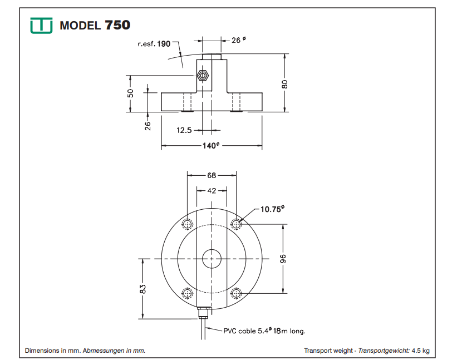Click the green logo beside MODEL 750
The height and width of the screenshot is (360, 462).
point(42,26)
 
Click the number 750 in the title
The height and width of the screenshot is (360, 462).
point(117,26)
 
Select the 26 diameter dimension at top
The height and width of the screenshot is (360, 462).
point(237,40)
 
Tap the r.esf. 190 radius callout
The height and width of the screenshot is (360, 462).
point(154,43)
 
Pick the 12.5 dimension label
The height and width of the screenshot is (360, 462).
point(184,130)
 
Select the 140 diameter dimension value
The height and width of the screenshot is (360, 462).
point(212,146)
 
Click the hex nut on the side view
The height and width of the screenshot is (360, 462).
point(203,74)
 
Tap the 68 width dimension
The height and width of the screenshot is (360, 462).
point(212,175)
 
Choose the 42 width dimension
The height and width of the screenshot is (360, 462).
point(212,190)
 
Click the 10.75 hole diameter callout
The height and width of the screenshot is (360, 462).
point(272,209)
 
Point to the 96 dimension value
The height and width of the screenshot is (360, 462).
point(283,259)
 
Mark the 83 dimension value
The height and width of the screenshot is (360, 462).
point(142,289)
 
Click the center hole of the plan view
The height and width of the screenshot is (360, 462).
point(212,259)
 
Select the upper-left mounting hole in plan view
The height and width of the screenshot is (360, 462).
point(187,224)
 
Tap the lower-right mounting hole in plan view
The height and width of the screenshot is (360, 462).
point(237,293)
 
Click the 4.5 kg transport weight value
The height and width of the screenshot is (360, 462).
point(421,351)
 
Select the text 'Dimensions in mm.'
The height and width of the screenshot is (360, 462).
point(53,351)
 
